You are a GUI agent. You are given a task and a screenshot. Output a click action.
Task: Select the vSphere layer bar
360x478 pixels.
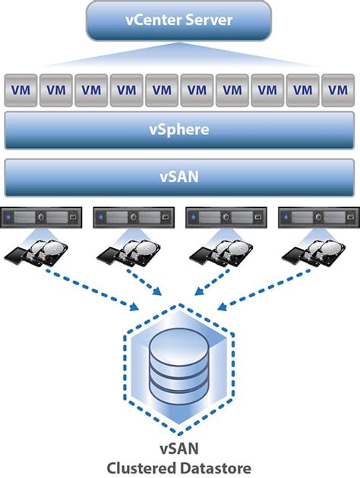(x=179, y=131)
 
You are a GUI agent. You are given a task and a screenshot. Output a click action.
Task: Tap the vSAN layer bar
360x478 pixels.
(x=179, y=178)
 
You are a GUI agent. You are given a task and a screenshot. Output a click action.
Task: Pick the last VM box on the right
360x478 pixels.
(x=337, y=90)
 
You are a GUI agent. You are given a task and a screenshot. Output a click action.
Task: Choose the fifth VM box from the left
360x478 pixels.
(x=162, y=90)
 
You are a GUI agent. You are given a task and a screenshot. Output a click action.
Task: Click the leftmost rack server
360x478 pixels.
(x=40, y=217)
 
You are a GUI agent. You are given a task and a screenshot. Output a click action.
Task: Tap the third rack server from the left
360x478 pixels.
(x=226, y=217)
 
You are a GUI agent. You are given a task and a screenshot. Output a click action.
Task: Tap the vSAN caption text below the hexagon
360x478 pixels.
(x=179, y=447)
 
